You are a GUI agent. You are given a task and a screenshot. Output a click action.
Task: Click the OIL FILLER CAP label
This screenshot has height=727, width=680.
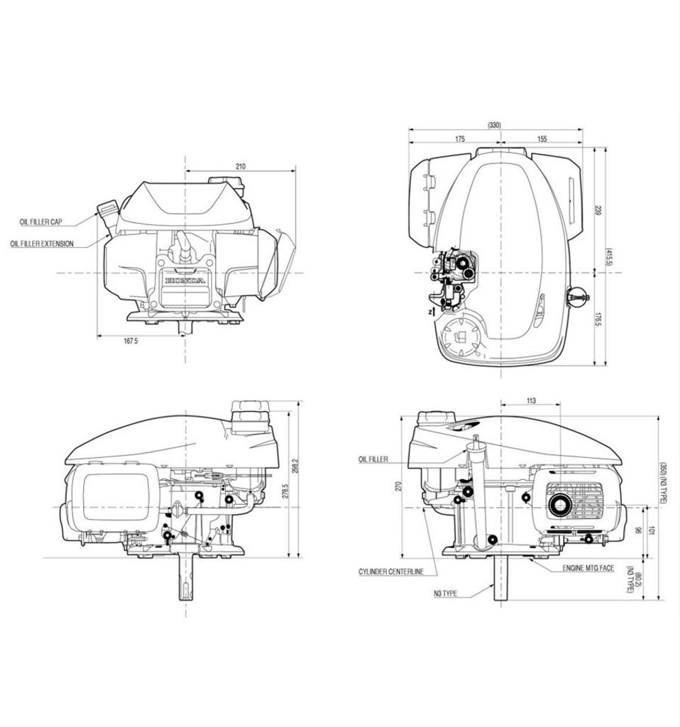click(41, 222)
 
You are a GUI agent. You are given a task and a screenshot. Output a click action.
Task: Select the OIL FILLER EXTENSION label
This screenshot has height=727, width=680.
click(42, 244)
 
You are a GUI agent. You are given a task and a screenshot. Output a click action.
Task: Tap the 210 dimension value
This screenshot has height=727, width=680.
click(241, 166)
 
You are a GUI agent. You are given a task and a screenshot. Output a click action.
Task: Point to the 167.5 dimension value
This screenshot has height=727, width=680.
click(131, 341)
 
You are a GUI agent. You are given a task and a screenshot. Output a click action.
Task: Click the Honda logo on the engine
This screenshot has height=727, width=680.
click(185, 281)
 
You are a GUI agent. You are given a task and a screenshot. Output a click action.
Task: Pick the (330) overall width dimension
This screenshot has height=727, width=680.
click(495, 125)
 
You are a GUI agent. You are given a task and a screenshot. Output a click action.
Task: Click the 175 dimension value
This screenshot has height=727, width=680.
click(460, 139)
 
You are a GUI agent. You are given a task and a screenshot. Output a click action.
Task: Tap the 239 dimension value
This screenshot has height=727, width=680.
click(598, 210)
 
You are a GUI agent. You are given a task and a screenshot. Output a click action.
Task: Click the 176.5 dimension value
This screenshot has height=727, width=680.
click(598, 319)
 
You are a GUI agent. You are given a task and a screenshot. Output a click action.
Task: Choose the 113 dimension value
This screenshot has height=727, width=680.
click(531, 401)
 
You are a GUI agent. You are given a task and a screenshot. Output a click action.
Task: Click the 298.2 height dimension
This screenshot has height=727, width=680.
click(295, 465)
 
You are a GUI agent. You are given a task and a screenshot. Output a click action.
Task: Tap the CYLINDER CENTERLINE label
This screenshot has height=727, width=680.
click(391, 572)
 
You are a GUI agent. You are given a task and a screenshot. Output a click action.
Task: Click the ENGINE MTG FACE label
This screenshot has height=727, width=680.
click(588, 569)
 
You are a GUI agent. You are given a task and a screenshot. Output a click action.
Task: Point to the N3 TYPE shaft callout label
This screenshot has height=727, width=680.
click(445, 593)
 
